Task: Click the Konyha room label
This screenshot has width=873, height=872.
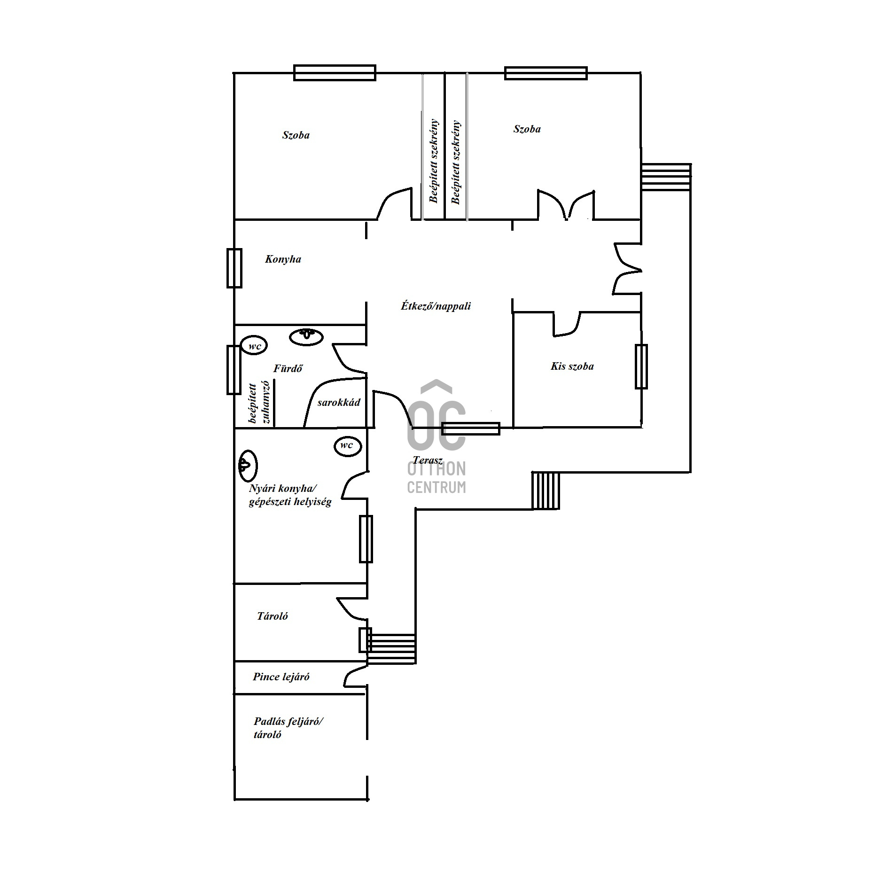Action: click(x=283, y=259)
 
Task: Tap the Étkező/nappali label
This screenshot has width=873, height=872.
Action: click(x=436, y=306)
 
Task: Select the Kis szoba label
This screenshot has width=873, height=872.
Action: click(x=572, y=366)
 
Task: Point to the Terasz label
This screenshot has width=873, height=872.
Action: click(x=428, y=460)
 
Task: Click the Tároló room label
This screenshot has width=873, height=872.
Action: click(x=273, y=616)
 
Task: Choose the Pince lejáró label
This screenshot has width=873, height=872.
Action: click(x=281, y=677)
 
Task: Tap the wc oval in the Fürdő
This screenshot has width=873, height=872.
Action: click(x=254, y=346)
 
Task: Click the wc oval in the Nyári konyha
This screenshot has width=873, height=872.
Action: click(x=348, y=445)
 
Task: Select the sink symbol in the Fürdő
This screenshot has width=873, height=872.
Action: click(x=306, y=336)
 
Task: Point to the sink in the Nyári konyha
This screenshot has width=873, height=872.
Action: click(x=247, y=466)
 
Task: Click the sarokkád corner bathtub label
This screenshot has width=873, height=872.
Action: click(x=339, y=403)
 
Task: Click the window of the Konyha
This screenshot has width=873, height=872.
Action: click(x=234, y=268)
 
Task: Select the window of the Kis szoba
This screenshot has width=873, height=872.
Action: click(x=641, y=366)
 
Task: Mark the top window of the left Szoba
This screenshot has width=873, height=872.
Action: click(x=335, y=73)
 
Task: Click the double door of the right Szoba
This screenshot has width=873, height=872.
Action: click(x=566, y=205)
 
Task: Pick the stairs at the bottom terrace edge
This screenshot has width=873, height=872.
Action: click(x=546, y=490)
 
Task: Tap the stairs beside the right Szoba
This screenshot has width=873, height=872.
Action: click(x=666, y=177)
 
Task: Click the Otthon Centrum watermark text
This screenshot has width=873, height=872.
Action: click(x=436, y=477)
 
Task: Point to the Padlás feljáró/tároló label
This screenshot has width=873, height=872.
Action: click(x=288, y=728)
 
